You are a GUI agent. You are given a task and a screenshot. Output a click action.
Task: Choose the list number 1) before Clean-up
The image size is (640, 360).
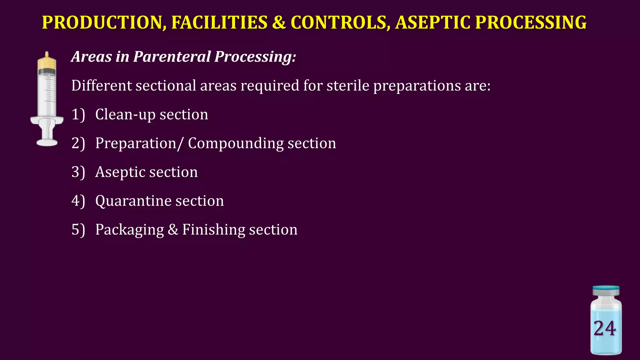(78, 114)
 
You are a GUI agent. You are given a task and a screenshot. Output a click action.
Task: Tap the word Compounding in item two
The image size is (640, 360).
(236, 143)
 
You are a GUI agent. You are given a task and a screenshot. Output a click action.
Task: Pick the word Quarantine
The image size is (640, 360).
(133, 201)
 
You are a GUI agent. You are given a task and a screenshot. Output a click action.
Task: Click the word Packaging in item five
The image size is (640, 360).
(129, 230)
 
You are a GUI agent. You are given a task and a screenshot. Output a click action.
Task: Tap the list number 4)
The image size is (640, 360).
(78, 201)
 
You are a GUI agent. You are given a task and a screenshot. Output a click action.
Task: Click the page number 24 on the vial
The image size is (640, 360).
(605, 328)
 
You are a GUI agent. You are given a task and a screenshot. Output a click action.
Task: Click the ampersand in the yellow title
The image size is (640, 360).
(279, 22)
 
